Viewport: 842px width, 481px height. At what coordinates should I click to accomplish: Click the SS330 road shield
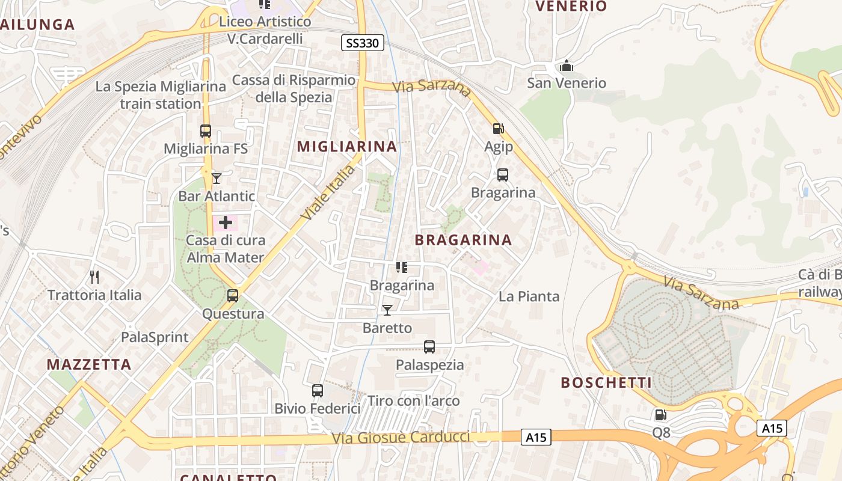pos(363,43)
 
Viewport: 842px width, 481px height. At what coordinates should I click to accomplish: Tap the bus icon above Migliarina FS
pos(206,130)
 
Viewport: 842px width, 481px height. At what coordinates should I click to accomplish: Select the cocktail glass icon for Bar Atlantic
pos(217,178)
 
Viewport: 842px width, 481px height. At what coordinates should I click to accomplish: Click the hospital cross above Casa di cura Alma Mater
pos(226,223)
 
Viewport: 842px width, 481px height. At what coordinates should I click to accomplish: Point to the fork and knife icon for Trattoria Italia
pos(94,277)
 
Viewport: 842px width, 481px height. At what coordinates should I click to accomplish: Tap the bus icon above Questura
pos(233,296)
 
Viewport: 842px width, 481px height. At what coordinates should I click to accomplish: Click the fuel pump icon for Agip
pos(499,128)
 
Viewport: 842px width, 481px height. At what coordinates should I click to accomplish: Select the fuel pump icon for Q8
pos(660,414)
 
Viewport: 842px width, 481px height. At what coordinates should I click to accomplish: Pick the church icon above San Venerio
pos(566,65)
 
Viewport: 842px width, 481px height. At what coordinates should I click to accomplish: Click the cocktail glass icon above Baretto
pos(387,310)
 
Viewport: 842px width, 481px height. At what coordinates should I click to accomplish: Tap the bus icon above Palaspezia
pos(429,347)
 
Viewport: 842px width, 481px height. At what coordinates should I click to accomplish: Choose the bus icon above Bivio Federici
pos(318,391)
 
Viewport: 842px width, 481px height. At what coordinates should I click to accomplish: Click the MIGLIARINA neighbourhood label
pos(347,146)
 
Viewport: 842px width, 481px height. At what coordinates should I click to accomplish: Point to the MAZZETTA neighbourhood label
pos(89,364)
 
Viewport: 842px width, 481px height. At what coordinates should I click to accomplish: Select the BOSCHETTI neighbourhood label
pos(606,383)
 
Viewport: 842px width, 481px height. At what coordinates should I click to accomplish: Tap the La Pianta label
pos(529,296)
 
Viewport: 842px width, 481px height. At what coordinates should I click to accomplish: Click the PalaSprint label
pos(155,337)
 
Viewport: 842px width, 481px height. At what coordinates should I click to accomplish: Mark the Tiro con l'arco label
pos(414,401)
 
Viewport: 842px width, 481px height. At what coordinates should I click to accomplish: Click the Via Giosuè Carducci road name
pos(401,438)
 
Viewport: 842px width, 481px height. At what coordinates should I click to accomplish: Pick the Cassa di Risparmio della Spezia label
pos(294,88)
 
